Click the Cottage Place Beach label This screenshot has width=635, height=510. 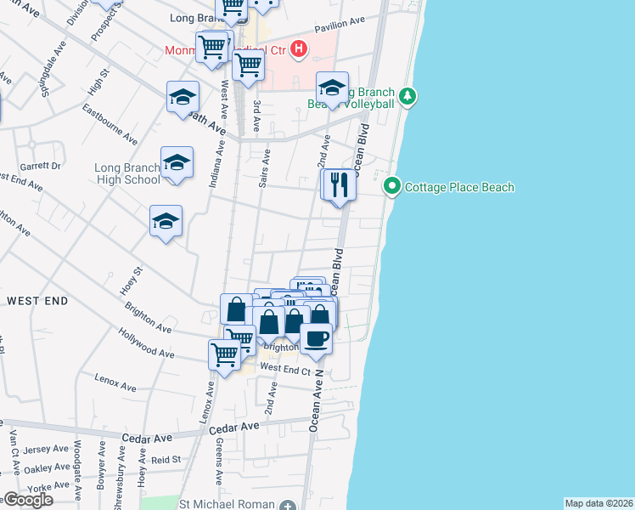(460, 187)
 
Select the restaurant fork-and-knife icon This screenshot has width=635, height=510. (340, 184)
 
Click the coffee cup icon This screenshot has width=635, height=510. (317, 338)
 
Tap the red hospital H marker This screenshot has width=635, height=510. (298, 49)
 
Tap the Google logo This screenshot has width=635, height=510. (27, 500)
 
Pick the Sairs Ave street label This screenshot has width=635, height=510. (266, 167)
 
